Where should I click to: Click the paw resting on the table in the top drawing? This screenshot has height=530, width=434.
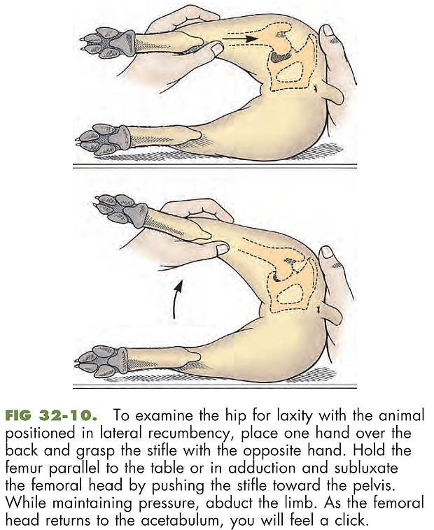[102, 138]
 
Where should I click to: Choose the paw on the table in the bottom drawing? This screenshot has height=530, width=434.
[101, 360]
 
